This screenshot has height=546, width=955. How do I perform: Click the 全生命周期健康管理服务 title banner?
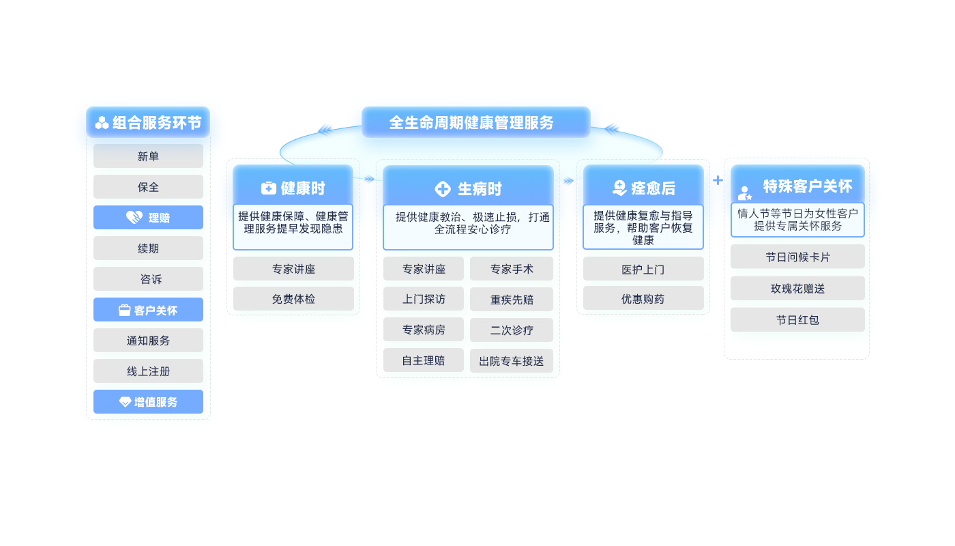point(475,122)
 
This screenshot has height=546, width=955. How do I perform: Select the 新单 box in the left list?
point(148,156)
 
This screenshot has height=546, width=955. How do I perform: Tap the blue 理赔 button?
point(148,218)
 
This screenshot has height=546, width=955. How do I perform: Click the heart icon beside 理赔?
point(134,218)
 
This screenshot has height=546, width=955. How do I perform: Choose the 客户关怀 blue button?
point(148,310)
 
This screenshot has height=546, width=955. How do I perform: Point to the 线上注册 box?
point(148,371)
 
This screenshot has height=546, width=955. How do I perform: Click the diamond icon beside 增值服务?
point(125,402)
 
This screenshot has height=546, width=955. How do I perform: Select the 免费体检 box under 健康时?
point(293,299)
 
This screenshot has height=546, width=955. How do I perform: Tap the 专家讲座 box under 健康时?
point(293,269)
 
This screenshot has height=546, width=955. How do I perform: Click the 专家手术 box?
point(512,269)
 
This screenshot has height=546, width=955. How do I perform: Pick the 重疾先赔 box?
point(512,300)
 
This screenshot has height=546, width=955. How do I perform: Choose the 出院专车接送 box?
point(512,361)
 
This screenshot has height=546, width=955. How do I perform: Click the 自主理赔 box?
point(423,360)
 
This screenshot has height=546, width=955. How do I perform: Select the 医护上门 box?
point(643,269)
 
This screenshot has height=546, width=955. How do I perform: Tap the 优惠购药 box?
point(643,298)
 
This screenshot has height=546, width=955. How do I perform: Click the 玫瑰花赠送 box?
point(797,289)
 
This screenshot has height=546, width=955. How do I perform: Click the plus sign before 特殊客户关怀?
point(718,180)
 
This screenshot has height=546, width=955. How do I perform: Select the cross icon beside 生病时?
point(443,189)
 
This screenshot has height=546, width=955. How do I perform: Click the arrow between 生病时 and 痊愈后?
point(569,181)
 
